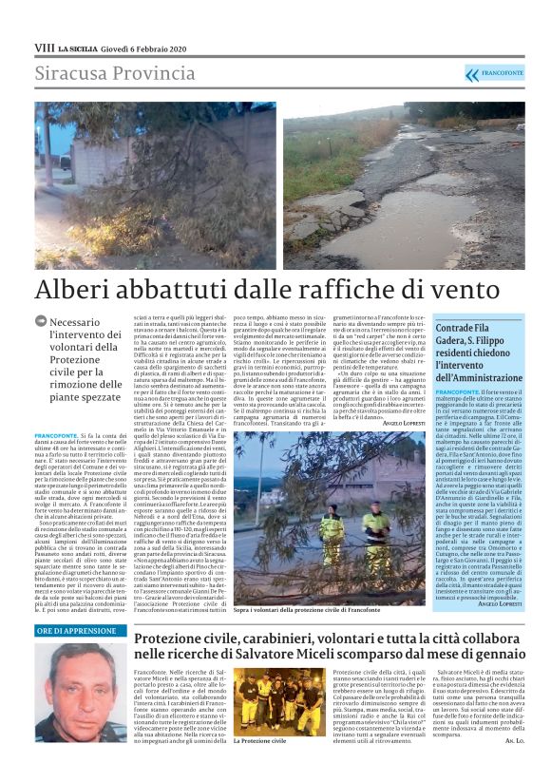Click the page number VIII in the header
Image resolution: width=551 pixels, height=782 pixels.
click(x=44, y=47)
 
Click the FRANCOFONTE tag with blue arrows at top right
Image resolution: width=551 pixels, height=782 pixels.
click(x=495, y=74)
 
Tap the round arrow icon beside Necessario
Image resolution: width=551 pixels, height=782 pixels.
click(x=41, y=322)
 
